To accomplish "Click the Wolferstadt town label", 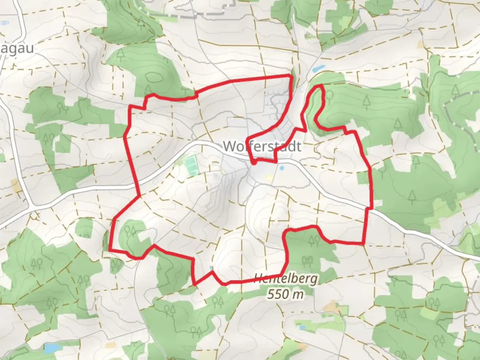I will (x=262, y=146).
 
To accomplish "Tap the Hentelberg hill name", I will (x=286, y=279).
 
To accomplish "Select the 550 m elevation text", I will (x=286, y=294).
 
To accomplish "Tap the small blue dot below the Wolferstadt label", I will (x=282, y=168).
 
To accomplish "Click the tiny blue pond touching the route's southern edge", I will (x=211, y=268).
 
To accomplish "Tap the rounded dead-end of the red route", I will (x=254, y=163).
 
